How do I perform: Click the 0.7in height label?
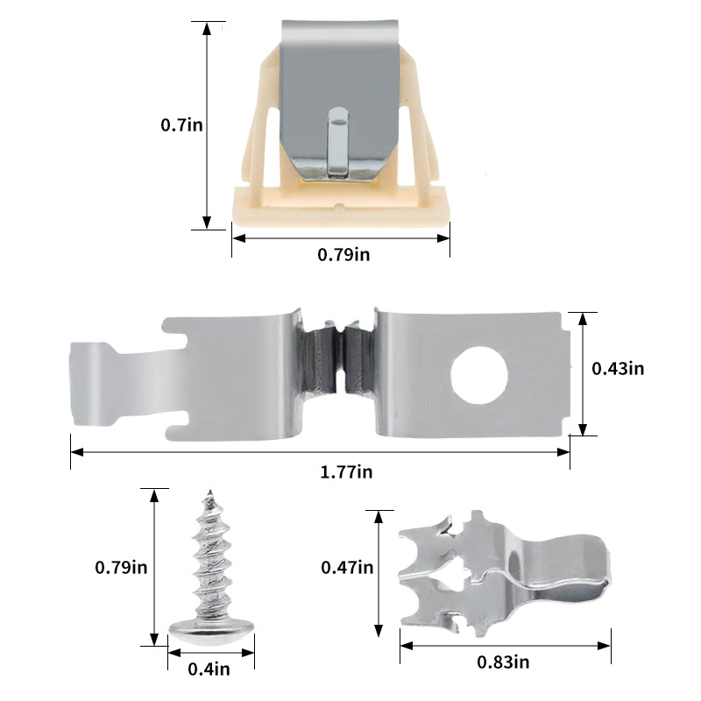click(x=181, y=124)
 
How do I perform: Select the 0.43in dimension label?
click(x=618, y=369)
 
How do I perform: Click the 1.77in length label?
click(x=346, y=471)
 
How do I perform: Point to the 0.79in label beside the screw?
click(x=120, y=566)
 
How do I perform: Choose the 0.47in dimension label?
click(x=347, y=567)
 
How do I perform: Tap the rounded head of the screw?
click(x=211, y=628)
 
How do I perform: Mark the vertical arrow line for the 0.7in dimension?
click(x=207, y=124)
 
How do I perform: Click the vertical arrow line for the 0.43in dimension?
click(x=582, y=372)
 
